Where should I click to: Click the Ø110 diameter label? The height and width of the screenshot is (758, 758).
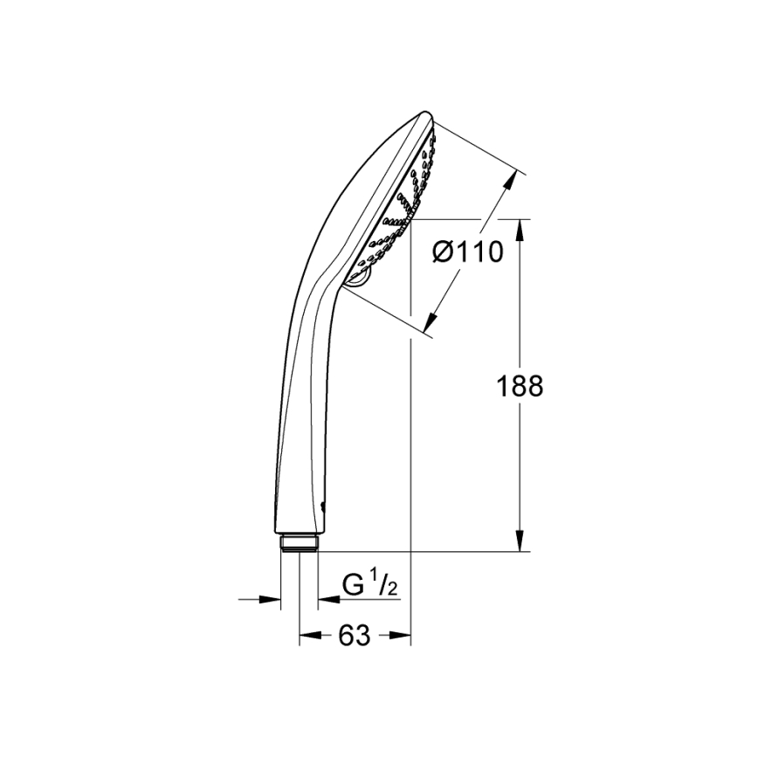(x=468, y=253)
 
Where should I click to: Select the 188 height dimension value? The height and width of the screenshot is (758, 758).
(x=519, y=385)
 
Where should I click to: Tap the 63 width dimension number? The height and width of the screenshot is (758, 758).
(x=354, y=636)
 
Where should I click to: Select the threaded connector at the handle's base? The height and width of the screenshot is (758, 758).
(x=299, y=543)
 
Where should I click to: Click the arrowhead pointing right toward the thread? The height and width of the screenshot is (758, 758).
(x=272, y=599)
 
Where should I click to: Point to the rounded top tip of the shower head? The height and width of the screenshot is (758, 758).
(x=426, y=114)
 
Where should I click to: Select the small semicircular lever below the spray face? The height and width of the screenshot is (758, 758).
(x=359, y=277)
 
